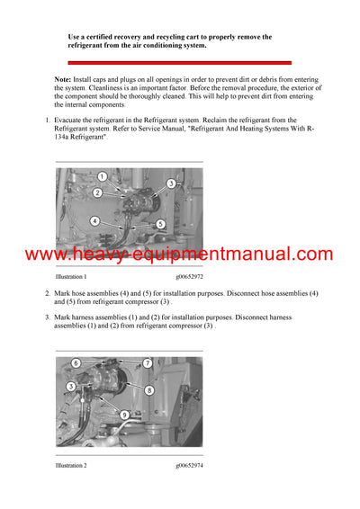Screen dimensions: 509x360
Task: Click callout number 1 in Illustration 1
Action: pyautogui.click(x=102, y=176)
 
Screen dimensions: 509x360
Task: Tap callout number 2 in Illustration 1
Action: pyautogui.click(x=97, y=192)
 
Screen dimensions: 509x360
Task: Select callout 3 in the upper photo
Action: pyautogui.click(x=170, y=183)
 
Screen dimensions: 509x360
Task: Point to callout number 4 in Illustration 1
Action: pyautogui.click(x=94, y=220)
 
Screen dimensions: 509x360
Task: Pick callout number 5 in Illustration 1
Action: pyautogui.click(x=160, y=224)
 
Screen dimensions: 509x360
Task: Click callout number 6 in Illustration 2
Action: pyautogui.click(x=76, y=363)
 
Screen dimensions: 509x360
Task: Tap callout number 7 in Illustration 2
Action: pyautogui.click(x=148, y=363)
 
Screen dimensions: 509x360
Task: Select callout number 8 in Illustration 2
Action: pyautogui.click(x=148, y=390)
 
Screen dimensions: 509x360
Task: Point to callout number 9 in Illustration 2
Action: pyautogui.click(x=125, y=415)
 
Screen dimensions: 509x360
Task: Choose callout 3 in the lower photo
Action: pyautogui.click(x=70, y=386)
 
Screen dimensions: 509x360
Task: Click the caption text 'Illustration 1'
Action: pyautogui.click(x=71, y=277)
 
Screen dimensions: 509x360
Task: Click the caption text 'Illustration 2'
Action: pyautogui.click(x=71, y=466)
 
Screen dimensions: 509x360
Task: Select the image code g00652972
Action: pyautogui.click(x=189, y=277)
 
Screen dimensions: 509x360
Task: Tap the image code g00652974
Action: pyautogui.click(x=189, y=466)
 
